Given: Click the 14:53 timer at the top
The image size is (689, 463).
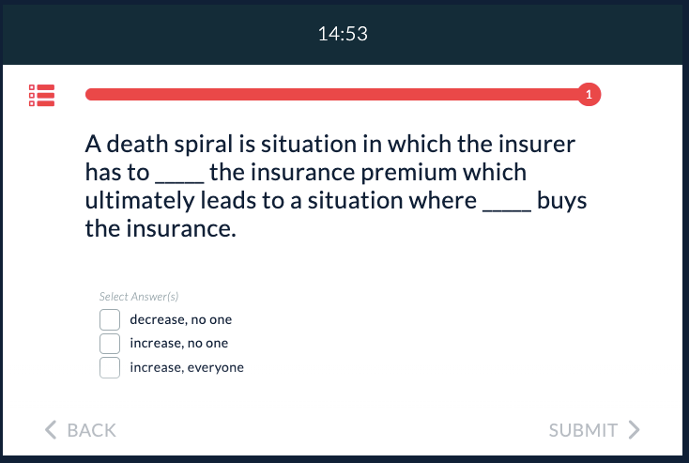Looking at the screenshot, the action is pos(343,34).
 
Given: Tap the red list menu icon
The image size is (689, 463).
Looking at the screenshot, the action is pos(41,96).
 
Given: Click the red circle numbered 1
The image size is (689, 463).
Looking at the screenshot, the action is pos(589,94).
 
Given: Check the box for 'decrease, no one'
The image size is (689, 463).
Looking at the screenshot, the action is pos(110,319).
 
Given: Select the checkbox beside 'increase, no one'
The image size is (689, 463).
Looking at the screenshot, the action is pos(110,344).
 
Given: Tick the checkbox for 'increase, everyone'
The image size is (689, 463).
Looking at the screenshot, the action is pos(110,367).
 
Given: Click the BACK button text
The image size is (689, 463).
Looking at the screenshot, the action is pos(91,430).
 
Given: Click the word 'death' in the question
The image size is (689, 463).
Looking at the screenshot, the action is pos(138,144).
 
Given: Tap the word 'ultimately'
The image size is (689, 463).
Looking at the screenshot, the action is pos(140,201).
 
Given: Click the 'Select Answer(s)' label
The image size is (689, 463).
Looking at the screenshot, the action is pos(139,297).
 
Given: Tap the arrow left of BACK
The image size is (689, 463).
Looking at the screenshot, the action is pos(51,429).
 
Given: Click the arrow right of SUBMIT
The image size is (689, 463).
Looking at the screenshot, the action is pos(634,429).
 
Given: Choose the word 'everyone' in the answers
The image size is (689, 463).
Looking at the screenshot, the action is pos(215,368).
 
